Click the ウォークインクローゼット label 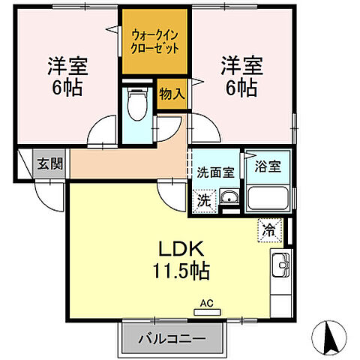pyautogui.click(x=155, y=40)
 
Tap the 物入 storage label pyautogui.click(x=172, y=94)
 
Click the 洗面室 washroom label pyautogui.click(x=216, y=172)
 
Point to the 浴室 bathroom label pyautogui.click(x=268, y=166)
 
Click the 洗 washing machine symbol pyautogui.click(x=204, y=201)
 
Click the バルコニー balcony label pyautogui.click(x=172, y=339)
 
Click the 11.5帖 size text pyautogui.click(x=183, y=271)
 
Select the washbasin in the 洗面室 pyautogui.click(x=229, y=199)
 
